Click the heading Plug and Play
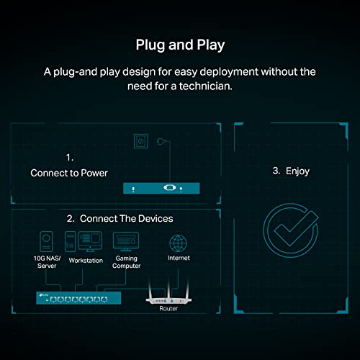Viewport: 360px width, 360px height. pyautogui.click(x=180, y=45)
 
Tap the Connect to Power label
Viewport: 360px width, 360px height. pyautogui.click(x=68, y=173)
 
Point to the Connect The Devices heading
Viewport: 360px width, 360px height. pyautogui.click(x=120, y=218)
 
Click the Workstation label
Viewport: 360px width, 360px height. pyautogui.click(x=85, y=261)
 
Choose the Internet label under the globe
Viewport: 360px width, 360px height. pyautogui.click(x=180, y=257)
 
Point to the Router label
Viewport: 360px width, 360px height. pyautogui.click(x=168, y=308)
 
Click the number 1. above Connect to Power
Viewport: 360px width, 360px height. pyautogui.click(x=70, y=156)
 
